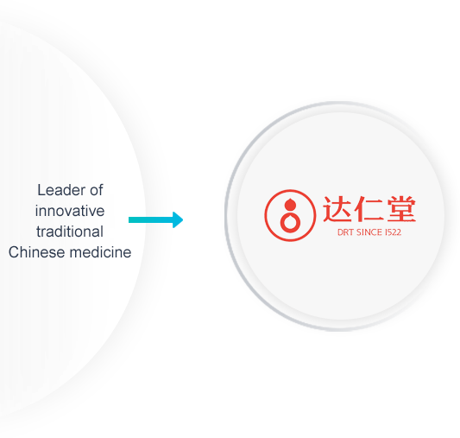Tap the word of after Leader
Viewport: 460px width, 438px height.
point(97,190)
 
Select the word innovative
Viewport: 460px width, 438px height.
point(70,211)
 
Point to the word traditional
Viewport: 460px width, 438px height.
point(70,232)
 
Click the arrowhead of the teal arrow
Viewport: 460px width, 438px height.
point(178,219)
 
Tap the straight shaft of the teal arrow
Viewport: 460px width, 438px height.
point(151,219)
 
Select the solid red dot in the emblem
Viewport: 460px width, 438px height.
point(290,205)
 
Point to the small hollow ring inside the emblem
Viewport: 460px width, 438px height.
point(291,223)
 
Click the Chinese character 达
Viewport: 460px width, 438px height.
point(337,208)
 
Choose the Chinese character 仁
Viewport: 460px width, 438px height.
point(369,208)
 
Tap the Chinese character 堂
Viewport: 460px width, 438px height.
point(401,208)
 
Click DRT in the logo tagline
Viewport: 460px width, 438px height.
point(345,232)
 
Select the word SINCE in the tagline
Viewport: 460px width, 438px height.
point(369,232)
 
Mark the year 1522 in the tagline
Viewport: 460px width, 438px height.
point(393,232)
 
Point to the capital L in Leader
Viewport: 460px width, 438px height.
point(41,190)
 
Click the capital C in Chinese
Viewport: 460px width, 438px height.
point(14,252)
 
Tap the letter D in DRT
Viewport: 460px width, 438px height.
point(340,232)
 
